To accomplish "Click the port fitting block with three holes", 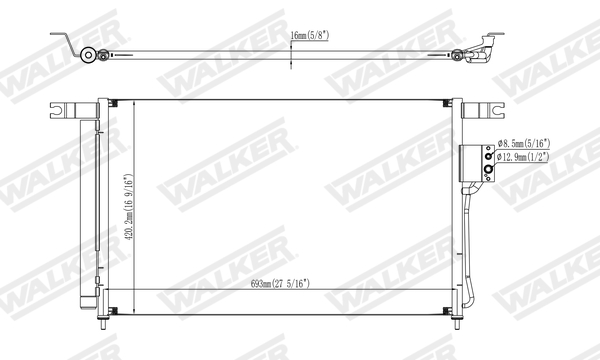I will click(x=478, y=162).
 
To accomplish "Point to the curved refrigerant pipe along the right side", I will click(x=470, y=250).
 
